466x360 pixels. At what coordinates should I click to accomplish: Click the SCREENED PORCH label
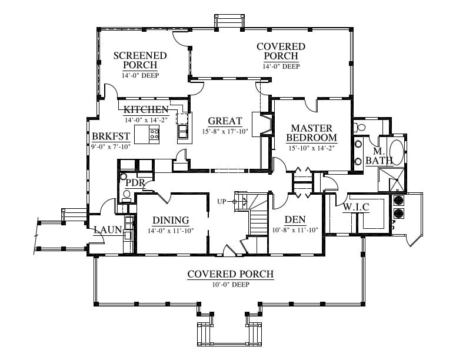(x=140, y=60)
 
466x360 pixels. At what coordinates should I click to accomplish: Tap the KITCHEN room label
(x=147, y=109)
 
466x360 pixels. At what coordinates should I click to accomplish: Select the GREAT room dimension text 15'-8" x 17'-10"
(x=225, y=131)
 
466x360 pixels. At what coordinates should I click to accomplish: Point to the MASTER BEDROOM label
(x=311, y=133)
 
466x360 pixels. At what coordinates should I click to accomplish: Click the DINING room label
(x=171, y=220)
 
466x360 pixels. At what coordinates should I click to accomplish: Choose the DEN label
(x=295, y=219)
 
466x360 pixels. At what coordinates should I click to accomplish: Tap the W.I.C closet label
(x=356, y=207)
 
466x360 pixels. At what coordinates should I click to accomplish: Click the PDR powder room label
(x=135, y=183)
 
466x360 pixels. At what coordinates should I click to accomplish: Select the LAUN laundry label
(x=108, y=229)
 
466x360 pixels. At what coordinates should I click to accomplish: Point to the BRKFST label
(x=111, y=136)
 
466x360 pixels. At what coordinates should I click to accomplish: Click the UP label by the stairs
(x=221, y=202)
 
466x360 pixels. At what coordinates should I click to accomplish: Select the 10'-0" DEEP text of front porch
(x=231, y=285)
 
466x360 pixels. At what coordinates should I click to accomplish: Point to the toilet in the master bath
(x=360, y=127)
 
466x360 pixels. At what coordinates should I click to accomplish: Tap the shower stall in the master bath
(x=391, y=179)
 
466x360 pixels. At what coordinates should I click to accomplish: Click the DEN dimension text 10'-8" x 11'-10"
(x=295, y=229)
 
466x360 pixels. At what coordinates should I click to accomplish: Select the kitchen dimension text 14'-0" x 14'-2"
(x=147, y=120)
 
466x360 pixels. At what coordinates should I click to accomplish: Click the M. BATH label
(x=380, y=156)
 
